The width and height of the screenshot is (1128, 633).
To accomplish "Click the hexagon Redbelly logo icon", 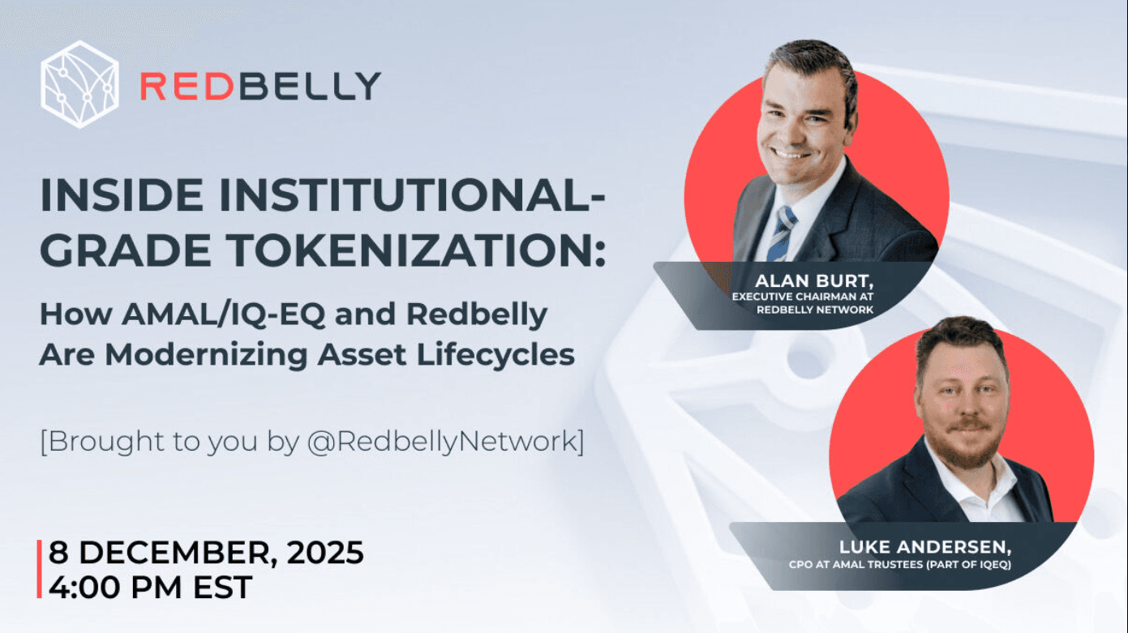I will [79, 84].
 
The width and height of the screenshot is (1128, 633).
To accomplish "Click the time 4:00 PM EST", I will [151, 586].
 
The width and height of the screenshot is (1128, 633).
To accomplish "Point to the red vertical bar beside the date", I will [39, 569].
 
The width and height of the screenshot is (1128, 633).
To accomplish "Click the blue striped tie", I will [782, 232].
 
